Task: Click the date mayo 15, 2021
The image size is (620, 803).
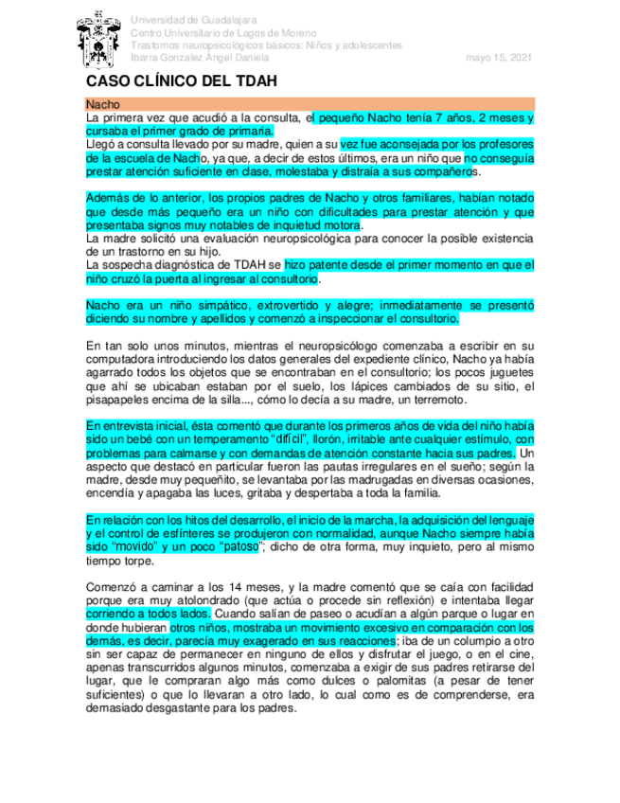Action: pyautogui.click(x=499, y=58)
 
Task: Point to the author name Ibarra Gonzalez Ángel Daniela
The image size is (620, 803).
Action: pyautogui.click(x=200, y=58)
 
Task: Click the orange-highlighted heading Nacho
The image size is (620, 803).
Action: pyautogui.click(x=101, y=102)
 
